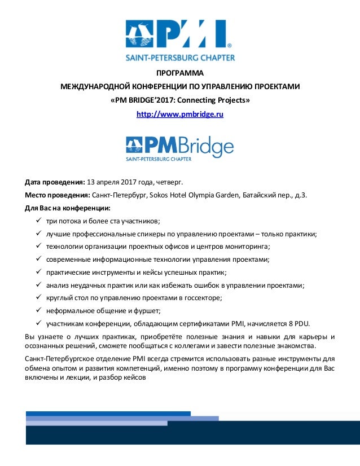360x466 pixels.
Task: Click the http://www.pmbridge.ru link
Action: tap(180, 114)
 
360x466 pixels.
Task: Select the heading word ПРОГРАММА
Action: tap(179, 73)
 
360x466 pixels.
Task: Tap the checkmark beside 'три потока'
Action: tap(38, 221)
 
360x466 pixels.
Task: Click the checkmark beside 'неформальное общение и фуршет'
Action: tap(38, 311)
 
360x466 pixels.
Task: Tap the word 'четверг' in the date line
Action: tap(170, 182)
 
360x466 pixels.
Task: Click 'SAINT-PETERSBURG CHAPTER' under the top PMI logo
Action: tap(179, 57)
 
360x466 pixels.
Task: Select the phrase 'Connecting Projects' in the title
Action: tap(216, 100)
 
